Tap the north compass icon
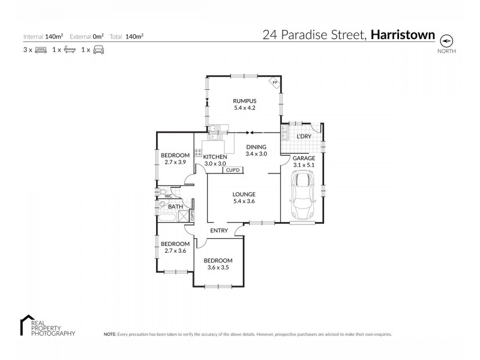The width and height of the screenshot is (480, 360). (446, 41)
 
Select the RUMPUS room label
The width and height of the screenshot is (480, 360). (245, 101)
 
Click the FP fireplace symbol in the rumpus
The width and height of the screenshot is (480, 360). (274, 82)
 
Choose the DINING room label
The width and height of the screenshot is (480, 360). (256, 146)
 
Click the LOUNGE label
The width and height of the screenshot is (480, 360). (244, 194)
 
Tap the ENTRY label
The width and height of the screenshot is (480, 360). (218, 230)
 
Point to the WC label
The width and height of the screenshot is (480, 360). (168, 196)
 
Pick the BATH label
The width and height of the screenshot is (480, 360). (175, 207)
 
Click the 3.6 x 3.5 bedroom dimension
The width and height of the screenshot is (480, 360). (217, 267)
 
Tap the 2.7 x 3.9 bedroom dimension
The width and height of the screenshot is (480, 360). (175, 162)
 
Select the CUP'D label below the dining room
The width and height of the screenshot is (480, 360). (232, 170)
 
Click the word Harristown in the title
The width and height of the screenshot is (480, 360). (403, 35)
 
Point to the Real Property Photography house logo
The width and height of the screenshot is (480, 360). (26, 322)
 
